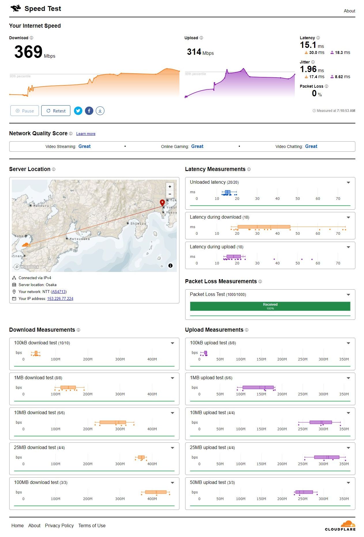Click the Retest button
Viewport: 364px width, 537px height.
pos(56,111)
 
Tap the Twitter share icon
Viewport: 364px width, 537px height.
pos(78,111)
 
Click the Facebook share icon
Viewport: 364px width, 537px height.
pos(89,111)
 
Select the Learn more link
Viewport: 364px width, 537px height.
pos(86,134)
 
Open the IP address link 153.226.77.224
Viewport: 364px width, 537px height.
pos(60,298)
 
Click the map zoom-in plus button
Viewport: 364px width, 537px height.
pos(170,187)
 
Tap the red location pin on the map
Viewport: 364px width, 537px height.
pos(162,202)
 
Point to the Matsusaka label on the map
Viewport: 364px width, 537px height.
pos(79,239)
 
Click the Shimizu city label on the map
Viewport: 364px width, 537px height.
pos(138,224)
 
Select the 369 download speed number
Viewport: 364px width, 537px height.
pos(29,52)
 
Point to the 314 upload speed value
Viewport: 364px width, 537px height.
pos(194,52)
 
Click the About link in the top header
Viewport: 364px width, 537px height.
pos(349,11)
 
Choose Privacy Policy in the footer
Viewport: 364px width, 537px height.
pos(59,525)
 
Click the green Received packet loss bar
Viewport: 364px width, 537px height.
pos(270,306)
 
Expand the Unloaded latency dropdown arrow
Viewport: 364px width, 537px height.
pos(348,183)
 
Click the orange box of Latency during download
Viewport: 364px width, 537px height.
pos(264,227)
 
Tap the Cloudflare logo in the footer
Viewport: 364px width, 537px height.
pos(340,526)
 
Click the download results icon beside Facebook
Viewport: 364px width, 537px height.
pos(100,111)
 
